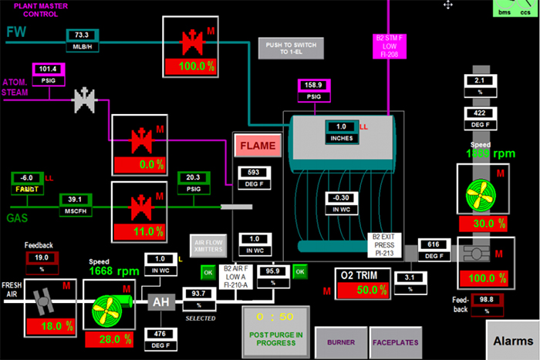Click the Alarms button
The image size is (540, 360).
pos(513,340)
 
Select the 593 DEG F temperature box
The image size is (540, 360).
pos(253,177)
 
